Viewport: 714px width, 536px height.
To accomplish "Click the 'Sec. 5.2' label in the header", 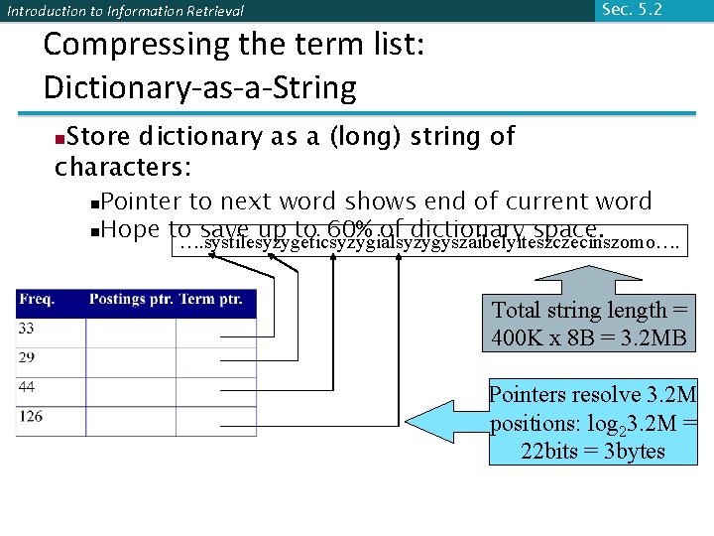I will coord(632,10).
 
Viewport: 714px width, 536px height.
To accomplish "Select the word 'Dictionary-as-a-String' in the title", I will coord(199,87).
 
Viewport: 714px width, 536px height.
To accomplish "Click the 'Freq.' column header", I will coord(37,299).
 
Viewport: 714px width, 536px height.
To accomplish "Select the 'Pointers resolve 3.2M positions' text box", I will coord(593,423).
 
